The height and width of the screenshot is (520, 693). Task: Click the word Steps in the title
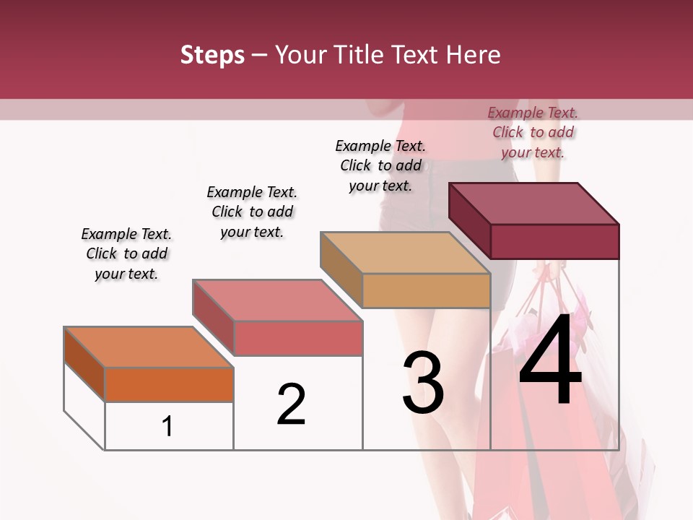pos(212,55)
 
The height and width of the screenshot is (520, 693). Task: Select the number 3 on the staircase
pos(423,383)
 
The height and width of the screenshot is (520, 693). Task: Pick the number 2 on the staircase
pos(291,404)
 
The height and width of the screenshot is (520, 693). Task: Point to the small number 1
pos(167,427)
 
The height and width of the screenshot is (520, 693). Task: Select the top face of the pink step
pos(277,300)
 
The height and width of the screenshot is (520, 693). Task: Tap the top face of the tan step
pos(405,253)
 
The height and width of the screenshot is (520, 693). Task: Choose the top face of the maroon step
pos(534,204)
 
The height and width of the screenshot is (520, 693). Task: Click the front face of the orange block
pos(169,384)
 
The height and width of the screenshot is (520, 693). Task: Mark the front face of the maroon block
pos(554,241)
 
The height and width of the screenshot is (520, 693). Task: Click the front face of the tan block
pos(426,290)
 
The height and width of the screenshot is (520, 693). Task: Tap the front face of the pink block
pos(297,338)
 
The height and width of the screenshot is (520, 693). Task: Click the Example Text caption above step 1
pos(126,253)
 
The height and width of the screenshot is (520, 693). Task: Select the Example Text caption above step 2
pos(252,212)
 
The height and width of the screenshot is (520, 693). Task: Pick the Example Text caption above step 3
pos(380,165)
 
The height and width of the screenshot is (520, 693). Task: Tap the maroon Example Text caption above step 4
pos(533,132)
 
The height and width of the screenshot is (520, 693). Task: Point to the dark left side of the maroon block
pos(469,220)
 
